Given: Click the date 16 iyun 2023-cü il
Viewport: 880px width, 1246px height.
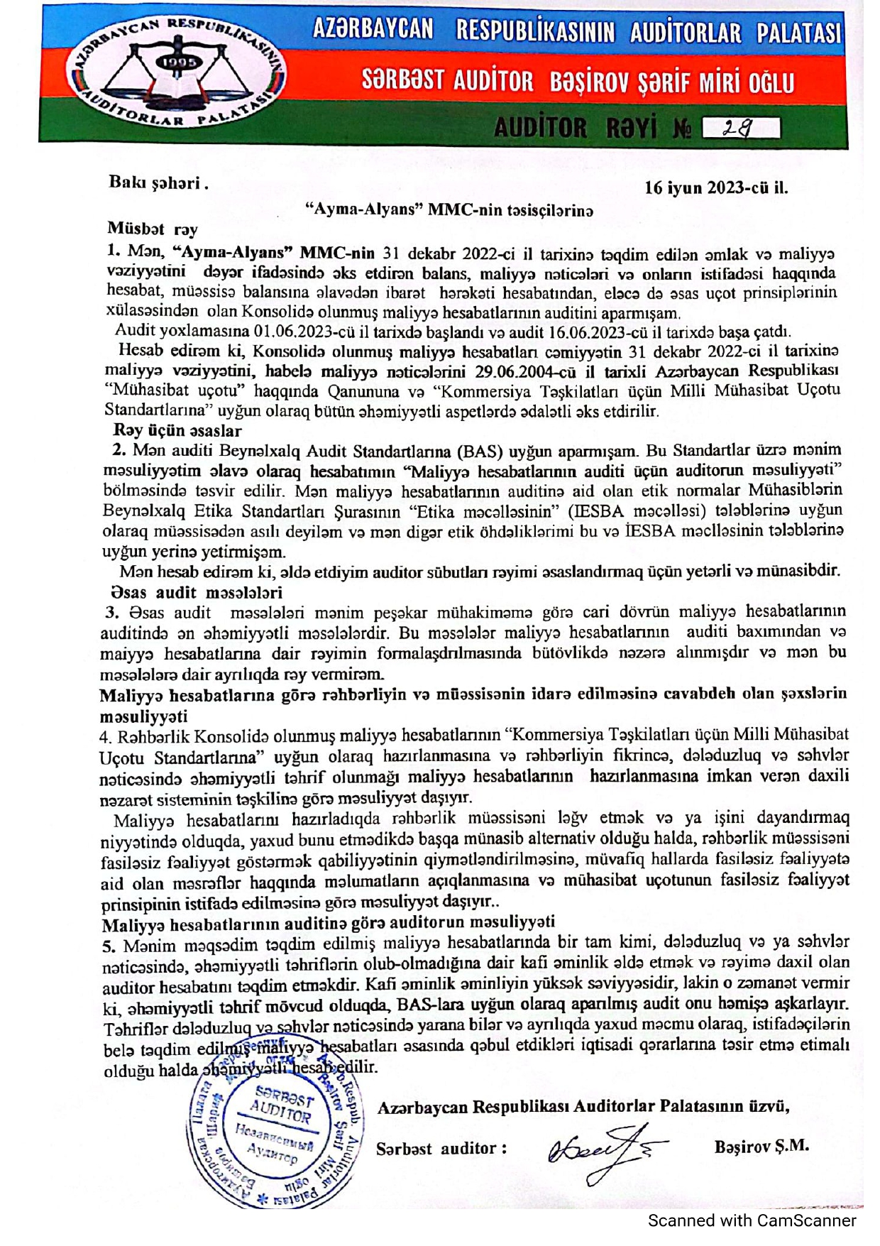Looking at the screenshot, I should tap(715, 188).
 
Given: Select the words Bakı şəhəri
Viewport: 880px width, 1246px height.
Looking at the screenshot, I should tap(158, 182).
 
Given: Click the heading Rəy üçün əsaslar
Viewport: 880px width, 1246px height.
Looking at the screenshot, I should tap(177, 430).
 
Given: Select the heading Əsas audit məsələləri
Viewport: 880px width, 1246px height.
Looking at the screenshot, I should tap(197, 592).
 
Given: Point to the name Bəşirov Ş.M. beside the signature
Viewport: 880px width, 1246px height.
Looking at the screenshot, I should tap(761, 1146).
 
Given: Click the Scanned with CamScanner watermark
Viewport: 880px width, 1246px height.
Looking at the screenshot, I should tap(752, 1220).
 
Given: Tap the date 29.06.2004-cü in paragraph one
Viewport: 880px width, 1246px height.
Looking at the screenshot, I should tap(527, 371).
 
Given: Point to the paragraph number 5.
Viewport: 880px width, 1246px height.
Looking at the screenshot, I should tap(109, 946).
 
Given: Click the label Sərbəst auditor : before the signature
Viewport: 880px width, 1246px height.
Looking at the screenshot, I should tap(441, 1148).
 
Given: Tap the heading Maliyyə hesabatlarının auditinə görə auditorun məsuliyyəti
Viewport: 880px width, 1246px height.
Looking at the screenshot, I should tap(328, 923).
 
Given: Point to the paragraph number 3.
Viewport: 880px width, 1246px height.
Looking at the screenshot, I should tap(112, 612).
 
